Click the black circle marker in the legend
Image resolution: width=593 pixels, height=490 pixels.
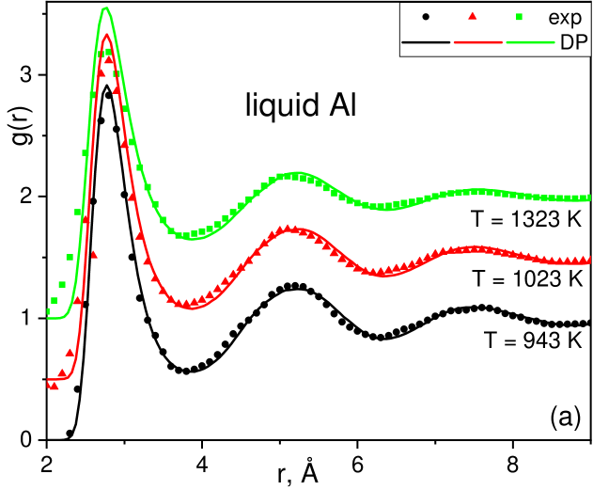(x=428, y=16)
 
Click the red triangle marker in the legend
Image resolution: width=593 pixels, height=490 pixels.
(x=473, y=16)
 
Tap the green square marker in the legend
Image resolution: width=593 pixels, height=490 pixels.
(x=519, y=16)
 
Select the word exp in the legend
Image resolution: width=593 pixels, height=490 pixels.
(x=565, y=17)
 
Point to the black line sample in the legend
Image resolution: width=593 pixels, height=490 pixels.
(x=426, y=42)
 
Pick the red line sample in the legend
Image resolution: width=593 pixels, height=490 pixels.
(x=477, y=42)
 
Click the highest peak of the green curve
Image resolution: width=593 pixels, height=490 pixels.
(x=106, y=8)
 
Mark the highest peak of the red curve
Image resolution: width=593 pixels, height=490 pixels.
(x=107, y=35)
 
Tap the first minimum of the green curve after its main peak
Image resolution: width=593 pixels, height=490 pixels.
(x=192, y=239)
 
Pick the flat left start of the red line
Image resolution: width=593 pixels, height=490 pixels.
(x=50, y=381)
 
